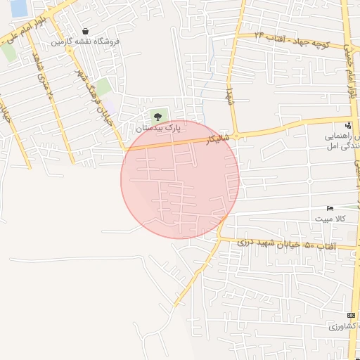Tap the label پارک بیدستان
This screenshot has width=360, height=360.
coord(159,129)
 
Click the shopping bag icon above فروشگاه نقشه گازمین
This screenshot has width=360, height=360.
coord(85,32)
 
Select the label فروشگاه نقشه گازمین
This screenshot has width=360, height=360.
coord(85,42)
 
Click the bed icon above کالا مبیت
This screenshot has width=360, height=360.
coord(330,209)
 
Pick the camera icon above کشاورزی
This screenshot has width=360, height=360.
coord(351,316)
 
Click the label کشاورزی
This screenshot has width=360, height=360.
coord(343,328)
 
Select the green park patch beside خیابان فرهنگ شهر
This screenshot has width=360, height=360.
coord(103,87)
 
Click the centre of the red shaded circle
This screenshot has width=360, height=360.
coord(180,179)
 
